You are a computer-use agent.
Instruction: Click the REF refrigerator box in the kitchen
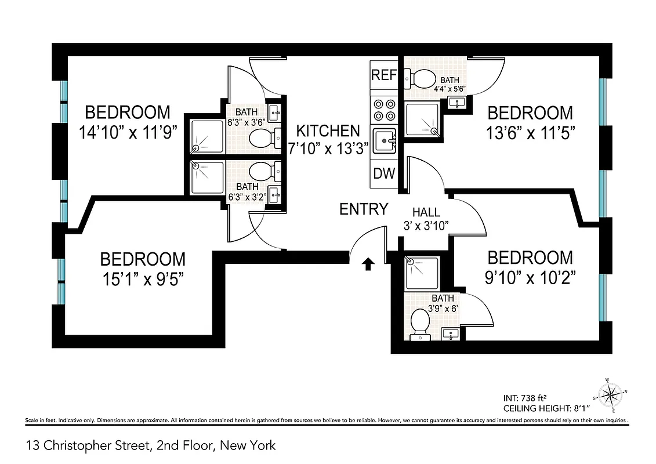click(383, 75)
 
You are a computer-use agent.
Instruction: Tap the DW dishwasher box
click(383, 173)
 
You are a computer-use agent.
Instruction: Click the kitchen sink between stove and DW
click(383, 140)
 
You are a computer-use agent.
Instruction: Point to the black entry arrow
click(368, 264)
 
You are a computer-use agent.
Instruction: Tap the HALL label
click(426, 213)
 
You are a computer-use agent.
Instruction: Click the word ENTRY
click(364, 209)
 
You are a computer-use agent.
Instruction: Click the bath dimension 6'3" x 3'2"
click(248, 196)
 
